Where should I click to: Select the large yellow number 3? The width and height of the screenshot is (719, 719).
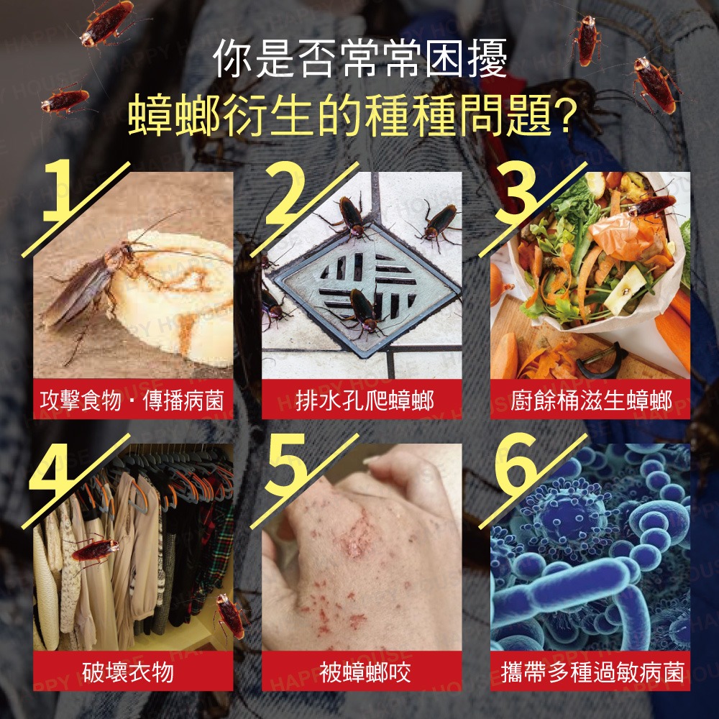pyautogui.click(x=515, y=192)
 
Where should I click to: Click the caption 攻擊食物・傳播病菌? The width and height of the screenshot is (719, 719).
pyautogui.click(x=132, y=400)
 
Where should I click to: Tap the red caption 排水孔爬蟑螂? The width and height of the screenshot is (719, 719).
pyautogui.click(x=364, y=400)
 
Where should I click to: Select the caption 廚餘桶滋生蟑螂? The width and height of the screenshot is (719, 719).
pyautogui.click(x=591, y=400)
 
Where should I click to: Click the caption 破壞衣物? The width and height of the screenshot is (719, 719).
pyautogui.click(x=129, y=672)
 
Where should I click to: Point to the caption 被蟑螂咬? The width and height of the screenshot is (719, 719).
pyautogui.click(x=365, y=672)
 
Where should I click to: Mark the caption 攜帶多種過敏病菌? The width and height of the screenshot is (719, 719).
pyautogui.click(x=592, y=672)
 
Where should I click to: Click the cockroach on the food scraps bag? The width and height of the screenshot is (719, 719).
pyautogui.click(x=652, y=206)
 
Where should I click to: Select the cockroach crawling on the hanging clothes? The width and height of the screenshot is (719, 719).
pyautogui.click(x=94, y=549)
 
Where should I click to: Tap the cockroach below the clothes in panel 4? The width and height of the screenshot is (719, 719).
pyautogui.click(x=230, y=616)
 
